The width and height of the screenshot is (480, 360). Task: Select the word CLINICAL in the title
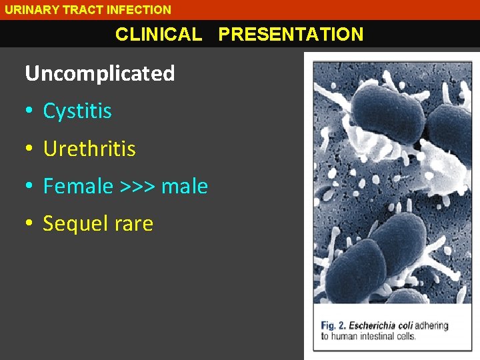click(x=159, y=35)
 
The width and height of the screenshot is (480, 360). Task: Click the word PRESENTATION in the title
click(x=291, y=35)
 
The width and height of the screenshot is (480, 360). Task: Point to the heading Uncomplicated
click(x=100, y=73)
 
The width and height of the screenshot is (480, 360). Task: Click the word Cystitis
click(x=77, y=111)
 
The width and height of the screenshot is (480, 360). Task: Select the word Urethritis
click(x=89, y=149)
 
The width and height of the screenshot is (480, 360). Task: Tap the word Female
click(x=78, y=187)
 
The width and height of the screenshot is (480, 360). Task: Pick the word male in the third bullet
click(x=185, y=187)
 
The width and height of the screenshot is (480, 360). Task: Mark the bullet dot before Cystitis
click(x=29, y=111)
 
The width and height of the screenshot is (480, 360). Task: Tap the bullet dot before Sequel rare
click(x=29, y=224)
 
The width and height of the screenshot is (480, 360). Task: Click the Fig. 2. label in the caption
click(x=333, y=325)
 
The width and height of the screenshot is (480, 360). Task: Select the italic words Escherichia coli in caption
click(x=381, y=325)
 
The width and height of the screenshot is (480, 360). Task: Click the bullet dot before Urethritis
click(x=29, y=149)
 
